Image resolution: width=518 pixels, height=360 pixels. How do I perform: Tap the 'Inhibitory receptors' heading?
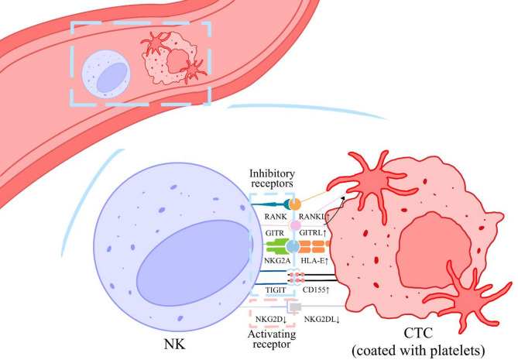(270, 177)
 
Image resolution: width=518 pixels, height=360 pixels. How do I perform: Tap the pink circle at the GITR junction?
(294, 225)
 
